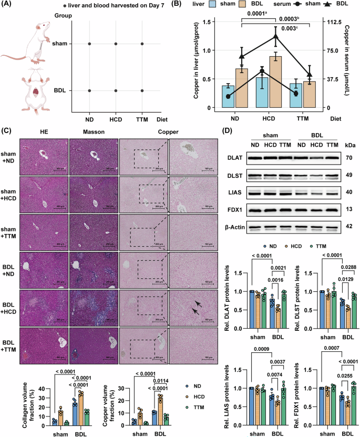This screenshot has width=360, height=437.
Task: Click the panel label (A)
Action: pos(8,6)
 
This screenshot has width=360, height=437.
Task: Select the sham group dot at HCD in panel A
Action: pos(116,44)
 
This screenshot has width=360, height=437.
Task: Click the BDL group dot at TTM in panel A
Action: pos(142,90)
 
